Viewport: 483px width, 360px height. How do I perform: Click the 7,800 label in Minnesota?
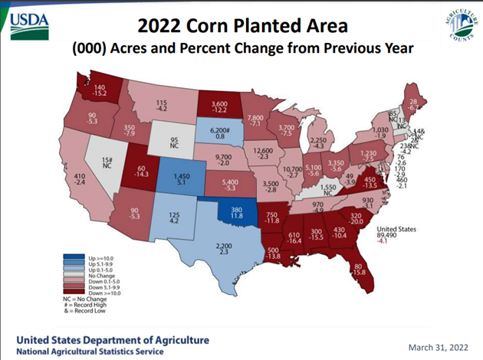point(256,115)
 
